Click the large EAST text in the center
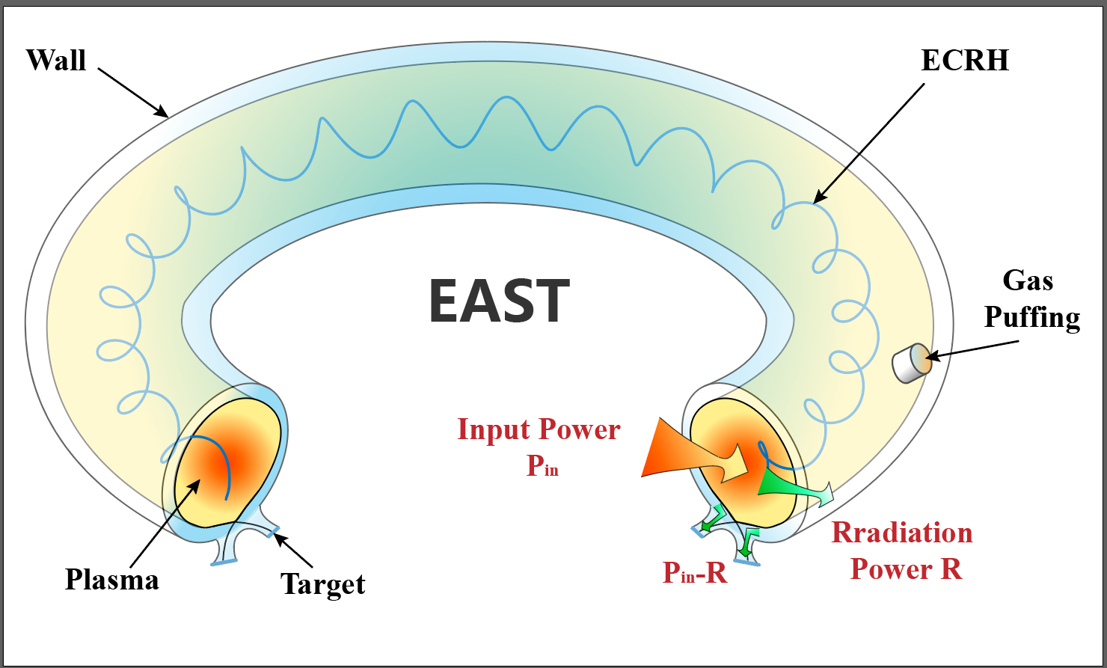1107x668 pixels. coord(499,300)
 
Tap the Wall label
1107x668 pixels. coord(56,60)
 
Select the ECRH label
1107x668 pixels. coord(965,60)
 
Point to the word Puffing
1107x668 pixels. coord(1032,318)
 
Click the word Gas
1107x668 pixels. coord(1028,281)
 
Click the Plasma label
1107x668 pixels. coord(112,580)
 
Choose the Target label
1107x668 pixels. coord(323,583)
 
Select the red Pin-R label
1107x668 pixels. coord(695,572)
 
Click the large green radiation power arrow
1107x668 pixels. coord(793,487)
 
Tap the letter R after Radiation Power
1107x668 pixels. coord(951,569)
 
